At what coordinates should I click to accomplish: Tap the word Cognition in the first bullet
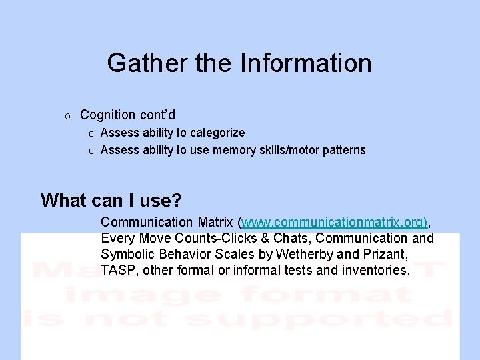(x=108, y=115)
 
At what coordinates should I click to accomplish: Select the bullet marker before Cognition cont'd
(x=67, y=116)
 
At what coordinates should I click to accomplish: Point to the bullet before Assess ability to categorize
(x=91, y=133)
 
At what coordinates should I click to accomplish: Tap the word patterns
(x=343, y=150)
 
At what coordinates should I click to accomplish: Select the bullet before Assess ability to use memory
(x=91, y=151)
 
